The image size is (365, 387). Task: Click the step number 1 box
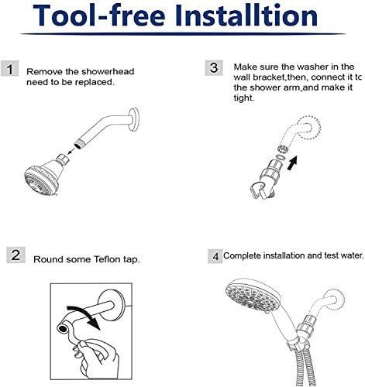click(9, 68)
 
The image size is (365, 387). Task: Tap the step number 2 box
click(15, 255)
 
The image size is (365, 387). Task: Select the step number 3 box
click(214, 68)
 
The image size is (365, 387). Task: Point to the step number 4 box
click(215, 256)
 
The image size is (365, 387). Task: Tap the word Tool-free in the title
click(99, 15)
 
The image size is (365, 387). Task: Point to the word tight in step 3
click(244, 98)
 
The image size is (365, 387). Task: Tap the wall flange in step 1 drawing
click(134, 119)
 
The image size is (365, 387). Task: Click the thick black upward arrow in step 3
click(292, 163)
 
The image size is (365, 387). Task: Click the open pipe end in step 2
click(62, 329)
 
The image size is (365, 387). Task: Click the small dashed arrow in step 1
click(71, 151)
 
